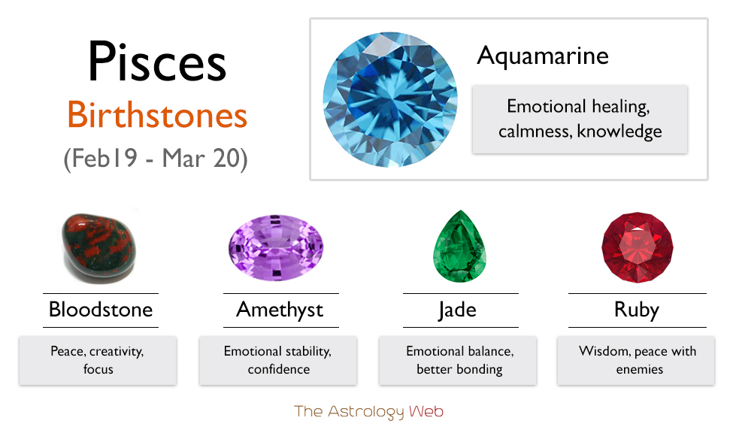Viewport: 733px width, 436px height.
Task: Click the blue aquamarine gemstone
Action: click(390, 99)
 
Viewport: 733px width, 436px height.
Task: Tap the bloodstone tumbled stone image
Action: click(98, 247)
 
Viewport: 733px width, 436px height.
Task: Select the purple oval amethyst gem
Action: click(276, 247)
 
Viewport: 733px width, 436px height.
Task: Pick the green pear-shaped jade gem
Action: click(460, 247)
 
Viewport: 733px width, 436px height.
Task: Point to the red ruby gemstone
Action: click(638, 247)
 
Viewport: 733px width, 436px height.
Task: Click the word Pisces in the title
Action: click(157, 62)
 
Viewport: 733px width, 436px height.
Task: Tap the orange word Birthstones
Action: click(157, 115)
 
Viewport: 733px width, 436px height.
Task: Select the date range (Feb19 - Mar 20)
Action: click(156, 159)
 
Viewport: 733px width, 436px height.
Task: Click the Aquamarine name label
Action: click(543, 56)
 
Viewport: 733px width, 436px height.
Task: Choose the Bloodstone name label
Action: click(101, 310)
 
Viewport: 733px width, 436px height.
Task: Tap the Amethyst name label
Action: click(280, 310)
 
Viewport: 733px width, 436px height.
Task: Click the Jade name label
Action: click(457, 310)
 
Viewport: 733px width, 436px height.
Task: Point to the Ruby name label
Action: click(637, 310)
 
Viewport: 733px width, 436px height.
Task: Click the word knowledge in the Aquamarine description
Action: click(619, 132)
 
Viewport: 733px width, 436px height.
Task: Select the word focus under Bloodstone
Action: click(98, 369)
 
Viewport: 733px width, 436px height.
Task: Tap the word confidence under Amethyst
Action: click(279, 369)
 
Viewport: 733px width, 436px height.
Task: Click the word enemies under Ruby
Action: click(640, 369)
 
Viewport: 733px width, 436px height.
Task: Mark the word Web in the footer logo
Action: click(426, 411)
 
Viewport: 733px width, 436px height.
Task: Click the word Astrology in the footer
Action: click(365, 412)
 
